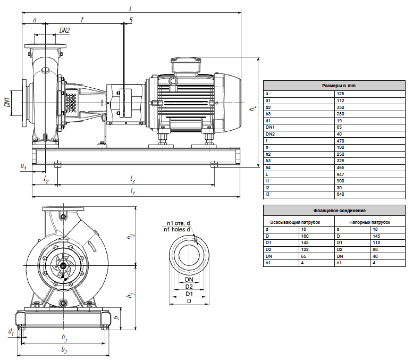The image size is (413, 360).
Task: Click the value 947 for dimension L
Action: coord(340,174)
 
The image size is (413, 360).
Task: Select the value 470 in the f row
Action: coord(340,141)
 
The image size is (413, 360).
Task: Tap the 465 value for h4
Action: coord(340,168)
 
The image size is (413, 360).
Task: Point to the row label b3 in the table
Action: coord(268,114)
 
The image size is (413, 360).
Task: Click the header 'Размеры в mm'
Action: coord(339,86)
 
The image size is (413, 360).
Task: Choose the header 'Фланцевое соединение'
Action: coord(340,211)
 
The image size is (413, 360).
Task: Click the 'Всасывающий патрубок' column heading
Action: coord(295,222)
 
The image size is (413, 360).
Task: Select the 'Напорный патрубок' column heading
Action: coord(370,222)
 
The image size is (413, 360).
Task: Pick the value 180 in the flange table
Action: coord(305,236)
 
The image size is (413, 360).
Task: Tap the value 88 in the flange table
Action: coord(375,249)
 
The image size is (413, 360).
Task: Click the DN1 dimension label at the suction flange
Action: coord(7,102)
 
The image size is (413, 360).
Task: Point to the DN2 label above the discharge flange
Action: coord(64,30)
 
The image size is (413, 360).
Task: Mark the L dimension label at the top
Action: coord(131,9)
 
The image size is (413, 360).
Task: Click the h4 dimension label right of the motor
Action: coord(254,108)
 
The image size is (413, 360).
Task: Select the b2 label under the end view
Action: coord(64,349)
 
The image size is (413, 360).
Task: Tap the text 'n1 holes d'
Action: coord(177,230)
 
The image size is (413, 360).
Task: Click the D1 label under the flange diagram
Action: coord(189,294)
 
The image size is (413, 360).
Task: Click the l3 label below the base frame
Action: coord(132,180)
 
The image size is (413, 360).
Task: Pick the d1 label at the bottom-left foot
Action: coord(11,331)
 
